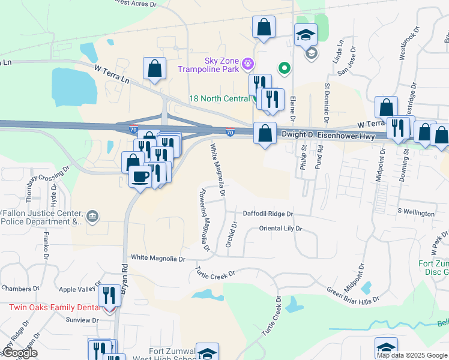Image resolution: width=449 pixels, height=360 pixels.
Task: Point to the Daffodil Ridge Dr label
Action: (x=267, y=214)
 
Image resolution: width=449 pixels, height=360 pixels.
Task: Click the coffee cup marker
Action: (x=140, y=176)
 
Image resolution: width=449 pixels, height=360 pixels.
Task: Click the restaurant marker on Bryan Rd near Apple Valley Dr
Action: (x=109, y=295)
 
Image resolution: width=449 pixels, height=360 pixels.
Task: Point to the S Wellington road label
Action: (x=416, y=213)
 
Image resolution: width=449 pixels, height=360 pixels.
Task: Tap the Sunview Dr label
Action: (x=82, y=320)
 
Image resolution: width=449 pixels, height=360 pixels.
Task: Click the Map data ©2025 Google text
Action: (x=412, y=355)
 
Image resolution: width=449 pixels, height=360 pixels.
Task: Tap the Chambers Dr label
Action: (x=16, y=289)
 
